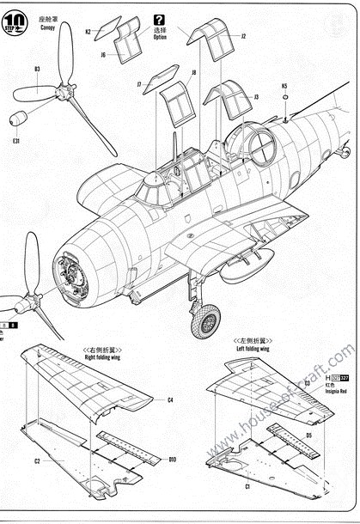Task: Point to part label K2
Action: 88,32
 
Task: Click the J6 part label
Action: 102,54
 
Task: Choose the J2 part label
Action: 243,37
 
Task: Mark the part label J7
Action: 138,84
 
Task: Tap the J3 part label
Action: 256,97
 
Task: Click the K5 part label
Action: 284,86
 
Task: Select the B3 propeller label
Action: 37,69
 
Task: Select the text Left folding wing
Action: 253,350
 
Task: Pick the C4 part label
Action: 170,399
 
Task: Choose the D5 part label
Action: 308,436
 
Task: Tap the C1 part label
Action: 247,487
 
